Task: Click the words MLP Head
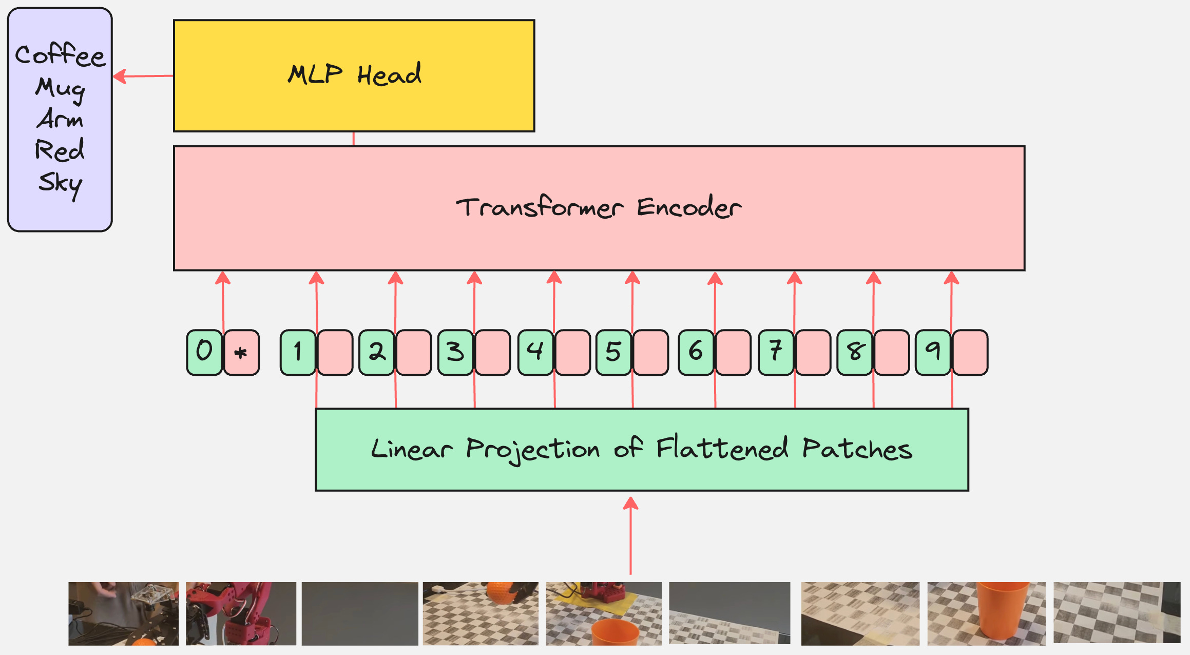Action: coord(354,75)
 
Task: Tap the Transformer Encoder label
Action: coord(599,207)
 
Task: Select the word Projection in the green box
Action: coord(532,450)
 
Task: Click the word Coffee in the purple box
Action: coord(60,55)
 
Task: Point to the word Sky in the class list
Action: coord(60,183)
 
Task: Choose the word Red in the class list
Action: coord(60,150)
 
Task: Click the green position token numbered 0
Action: coord(204,352)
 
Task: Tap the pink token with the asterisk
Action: coord(241,353)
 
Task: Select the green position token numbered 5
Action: coord(613,352)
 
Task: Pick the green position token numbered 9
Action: coord(933,352)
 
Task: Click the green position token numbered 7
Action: coord(776,352)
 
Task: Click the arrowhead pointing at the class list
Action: coord(119,76)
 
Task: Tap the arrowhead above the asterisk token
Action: coord(223,278)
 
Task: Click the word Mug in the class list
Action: coord(60,88)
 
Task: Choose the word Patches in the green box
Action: coord(857,449)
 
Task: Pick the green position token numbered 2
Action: coord(377,352)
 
